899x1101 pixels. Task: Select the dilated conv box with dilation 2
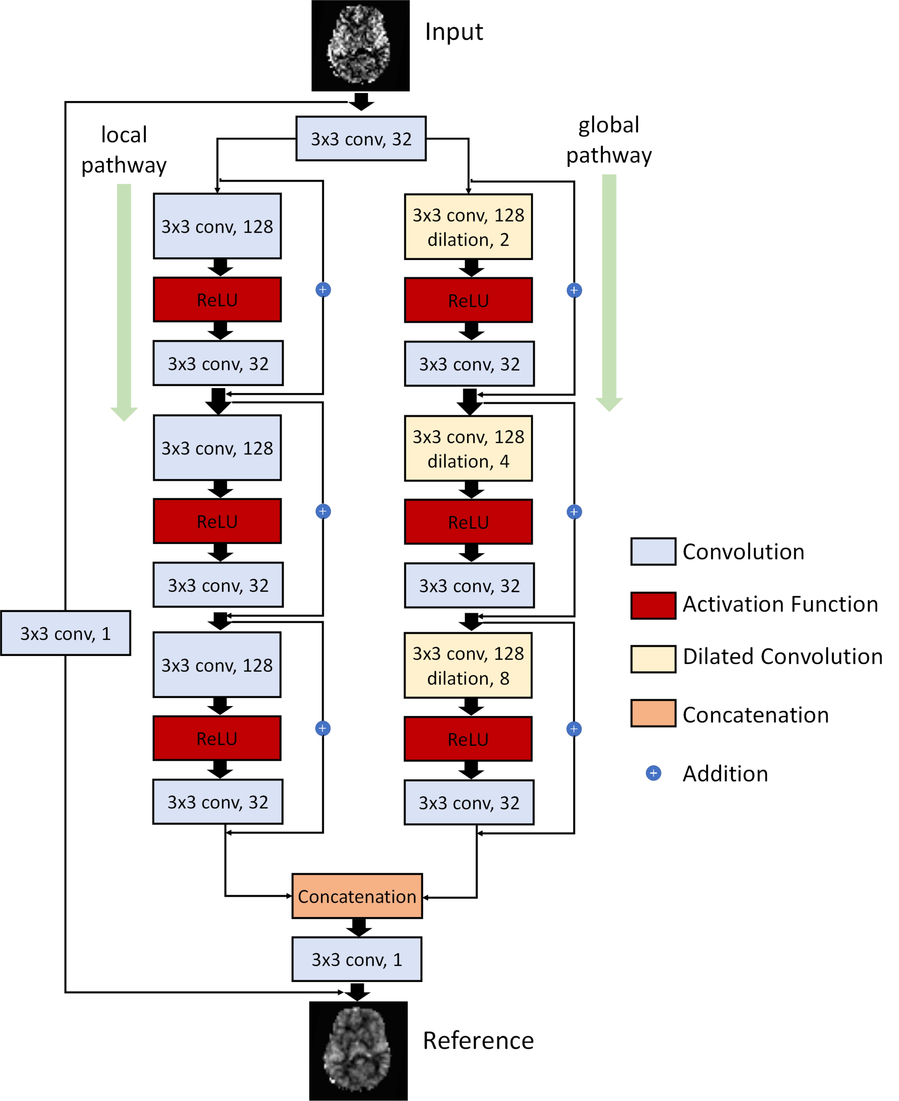pos(468,227)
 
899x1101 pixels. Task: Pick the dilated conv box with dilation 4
pos(468,448)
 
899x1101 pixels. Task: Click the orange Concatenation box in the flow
pos(357,896)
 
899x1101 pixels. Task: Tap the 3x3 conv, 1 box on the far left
pos(65,633)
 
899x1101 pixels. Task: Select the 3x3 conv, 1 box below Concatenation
pos(357,959)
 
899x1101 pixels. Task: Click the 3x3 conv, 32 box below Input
pos(361,139)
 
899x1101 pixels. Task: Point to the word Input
pos(454,32)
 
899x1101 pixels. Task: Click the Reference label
pos(478,1040)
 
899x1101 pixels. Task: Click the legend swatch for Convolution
pos(653,551)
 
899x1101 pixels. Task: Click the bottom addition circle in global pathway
pos(574,729)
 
